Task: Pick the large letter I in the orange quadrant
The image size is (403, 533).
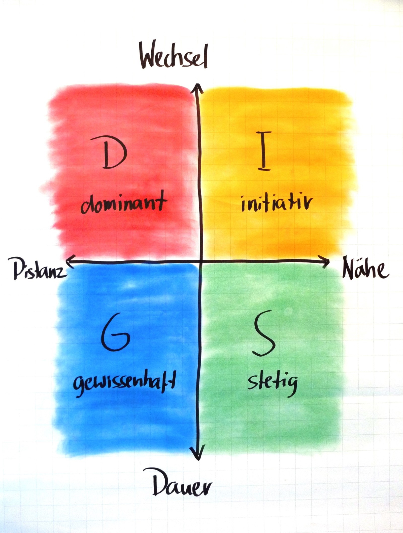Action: click(263, 151)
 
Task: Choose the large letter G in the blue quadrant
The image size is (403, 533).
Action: click(116, 333)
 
